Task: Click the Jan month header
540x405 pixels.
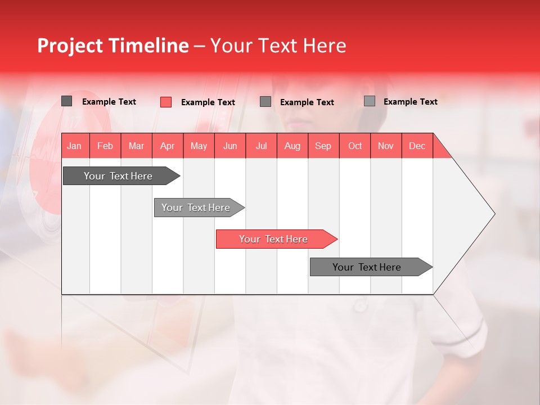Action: pyautogui.click(x=74, y=146)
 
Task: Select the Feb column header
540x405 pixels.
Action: pyautogui.click(x=105, y=146)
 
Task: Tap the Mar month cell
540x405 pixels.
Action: pyautogui.click(x=136, y=146)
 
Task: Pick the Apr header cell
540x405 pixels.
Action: pyautogui.click(x=168, y=146)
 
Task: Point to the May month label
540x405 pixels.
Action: pyautogui.click(x=199, y=146)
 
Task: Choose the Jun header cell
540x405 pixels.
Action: pyautogui.click(x=230, y=146)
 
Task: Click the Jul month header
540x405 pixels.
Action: pyautogui.click(x=261, y=146)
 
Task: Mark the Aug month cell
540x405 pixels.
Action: pyautogui.click(x=292, y=146)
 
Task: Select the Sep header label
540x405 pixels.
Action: pyautogui.click(x=323, y=146)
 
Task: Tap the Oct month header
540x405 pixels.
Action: pyautogui.click(x=355, y=146)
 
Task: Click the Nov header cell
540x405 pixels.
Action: pyautogui.click(x=386, y=146)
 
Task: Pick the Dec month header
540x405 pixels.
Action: pyautogui.click(x=417, y=146)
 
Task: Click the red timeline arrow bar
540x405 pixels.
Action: pyautogui.click(x=274, y=239)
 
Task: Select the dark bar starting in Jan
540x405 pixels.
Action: pyautogui.click(x=119, y=176)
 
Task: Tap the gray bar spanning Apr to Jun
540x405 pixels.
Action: pyautogui.click(x=196, y=208)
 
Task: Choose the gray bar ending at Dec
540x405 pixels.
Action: pyautogui.click(x=367, y=267)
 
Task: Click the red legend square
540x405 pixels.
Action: pyautogui.click(x=166, y=102)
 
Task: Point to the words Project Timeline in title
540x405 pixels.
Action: pyautogui.click(x=113, y=46)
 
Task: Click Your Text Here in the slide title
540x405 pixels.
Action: pyautogui.click(x=278, y=46)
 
